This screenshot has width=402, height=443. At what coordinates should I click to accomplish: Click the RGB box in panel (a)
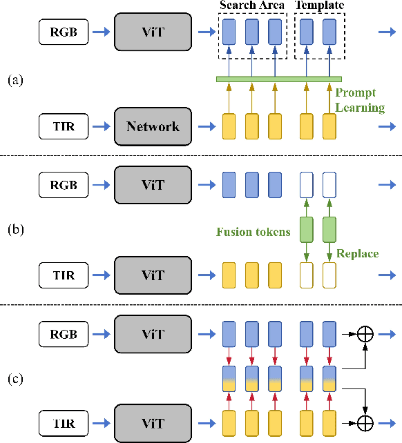point(64,32)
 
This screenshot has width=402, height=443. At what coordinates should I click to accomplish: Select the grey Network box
point(153,126)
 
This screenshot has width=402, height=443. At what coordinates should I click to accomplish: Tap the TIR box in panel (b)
point(64,275)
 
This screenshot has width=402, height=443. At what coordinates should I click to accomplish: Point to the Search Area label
point(251,6)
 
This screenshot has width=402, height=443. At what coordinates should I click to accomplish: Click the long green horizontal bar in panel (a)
point(280,79)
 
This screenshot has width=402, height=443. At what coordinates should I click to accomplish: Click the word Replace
point(357,254)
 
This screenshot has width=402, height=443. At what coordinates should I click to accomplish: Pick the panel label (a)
point(16,80)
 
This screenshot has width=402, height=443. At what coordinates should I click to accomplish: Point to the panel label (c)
point(16,379)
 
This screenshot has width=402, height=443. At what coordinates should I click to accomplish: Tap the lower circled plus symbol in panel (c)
point(363,420)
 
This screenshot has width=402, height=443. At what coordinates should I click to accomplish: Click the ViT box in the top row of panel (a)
point(153,32)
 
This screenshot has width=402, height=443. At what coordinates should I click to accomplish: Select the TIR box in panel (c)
point(64,420)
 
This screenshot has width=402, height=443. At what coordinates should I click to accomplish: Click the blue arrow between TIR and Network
point(101,126)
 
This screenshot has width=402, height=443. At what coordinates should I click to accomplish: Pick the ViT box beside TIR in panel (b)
point(153,275)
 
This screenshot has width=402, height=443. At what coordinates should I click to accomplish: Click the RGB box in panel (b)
point(64,186)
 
